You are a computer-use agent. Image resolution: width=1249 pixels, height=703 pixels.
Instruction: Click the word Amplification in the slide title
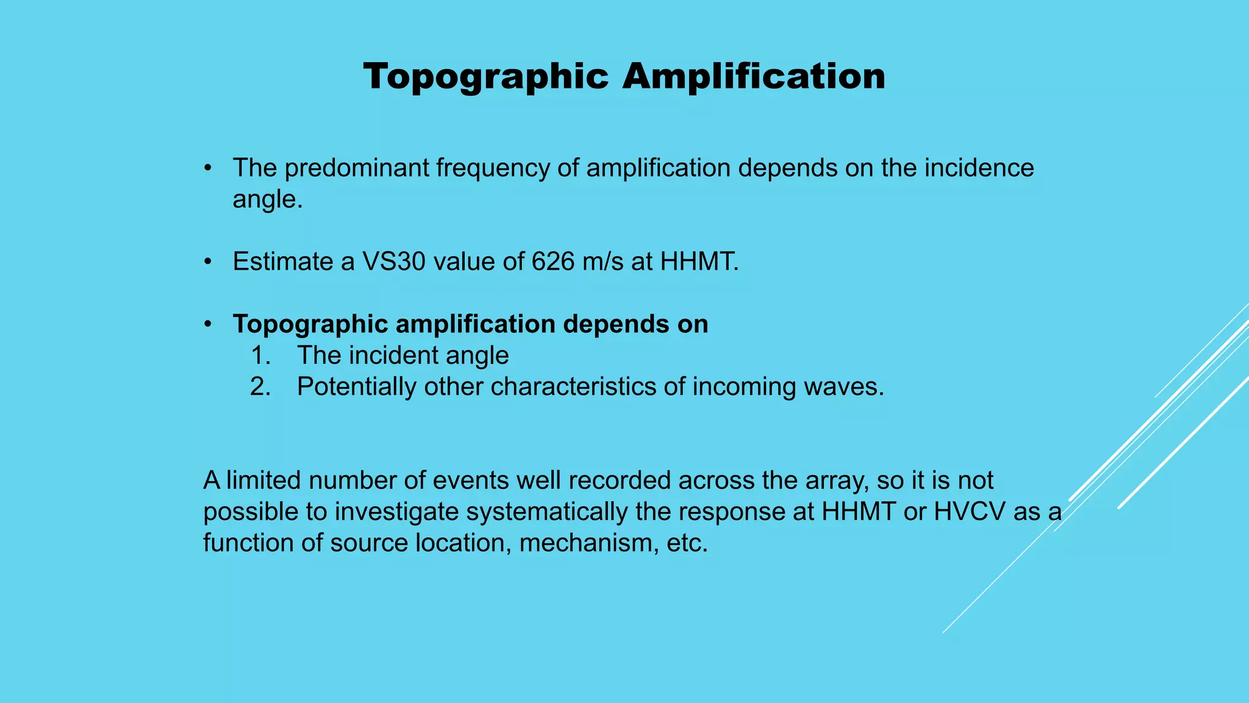754,78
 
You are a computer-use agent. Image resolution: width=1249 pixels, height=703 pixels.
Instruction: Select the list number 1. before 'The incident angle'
260,355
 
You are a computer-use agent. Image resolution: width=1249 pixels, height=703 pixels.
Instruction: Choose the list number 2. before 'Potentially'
260,387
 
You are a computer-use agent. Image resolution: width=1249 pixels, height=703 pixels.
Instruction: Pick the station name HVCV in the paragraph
970,512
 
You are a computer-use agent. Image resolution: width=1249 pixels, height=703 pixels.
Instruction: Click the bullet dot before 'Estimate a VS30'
208,262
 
